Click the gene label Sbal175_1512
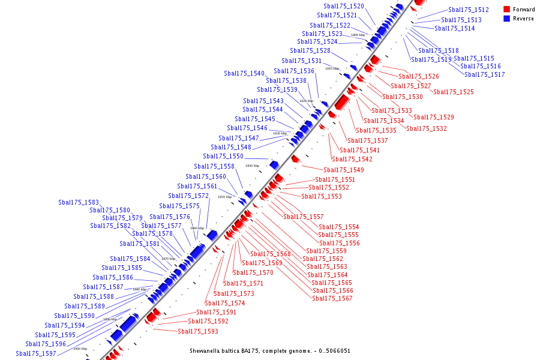pyautogui.click(x=469, y=10)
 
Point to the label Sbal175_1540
pyautogui.click(x=244, y=73)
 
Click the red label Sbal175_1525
pyautogui.click(x=454, y=92)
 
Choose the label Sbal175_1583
pyautogui.click(x=79, y=202)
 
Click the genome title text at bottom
pyautogui.click(x=270, y=351)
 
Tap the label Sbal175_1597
pyautogui.click(x=36, y=353)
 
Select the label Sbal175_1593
pyautogui.click(x=198, y=331)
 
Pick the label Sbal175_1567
pyautogui.click(x=332, y=298)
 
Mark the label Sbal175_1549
pyautogui.click(x=344, y=170)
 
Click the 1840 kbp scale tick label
pyautogui.click(x=252, y=166)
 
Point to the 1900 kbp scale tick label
pyautogui.click(x=80, y=349)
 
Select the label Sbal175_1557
pyautogui.click(x=304, y=217)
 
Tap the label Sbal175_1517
pyautogui.click(x=485, y=74)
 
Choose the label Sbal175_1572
pyautogui.click(x=188, y=196)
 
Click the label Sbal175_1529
pyautogui.click(x=434, y=117)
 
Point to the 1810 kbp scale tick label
pyautogui.click(x=332, y=68)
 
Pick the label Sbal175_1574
pyautogui.click(x=225, y=303)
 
